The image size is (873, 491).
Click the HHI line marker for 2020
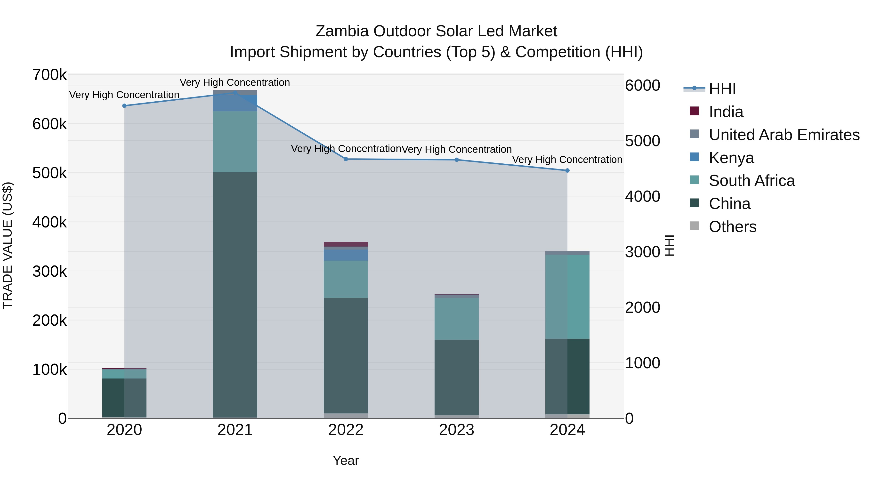click(x=124, y=106)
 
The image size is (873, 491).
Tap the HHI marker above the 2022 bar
click(x=346, y=159)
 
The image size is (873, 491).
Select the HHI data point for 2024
click(x=567, y=170)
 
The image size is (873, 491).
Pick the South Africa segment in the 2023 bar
click(x=456, y=319)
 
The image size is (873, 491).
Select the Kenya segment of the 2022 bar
click(x=346, y=255)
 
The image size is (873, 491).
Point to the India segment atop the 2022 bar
click(x=346, y=244)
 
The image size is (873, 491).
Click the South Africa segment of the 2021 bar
click(x=235, y=141)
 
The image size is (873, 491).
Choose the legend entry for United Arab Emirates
click(x=784, y=135)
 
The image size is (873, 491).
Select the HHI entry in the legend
click(x=722, y=89)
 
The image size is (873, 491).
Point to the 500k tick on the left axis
click(x=49, y=173)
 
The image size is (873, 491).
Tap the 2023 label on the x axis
click(x=456, y=430)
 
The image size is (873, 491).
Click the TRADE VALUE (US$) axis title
click(x=8, y=245)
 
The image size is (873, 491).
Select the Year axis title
click(x=346, y=460)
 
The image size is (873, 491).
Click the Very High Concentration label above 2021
click(x=234, y=82)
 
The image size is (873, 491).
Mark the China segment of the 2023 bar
click(x=456, y=377)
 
